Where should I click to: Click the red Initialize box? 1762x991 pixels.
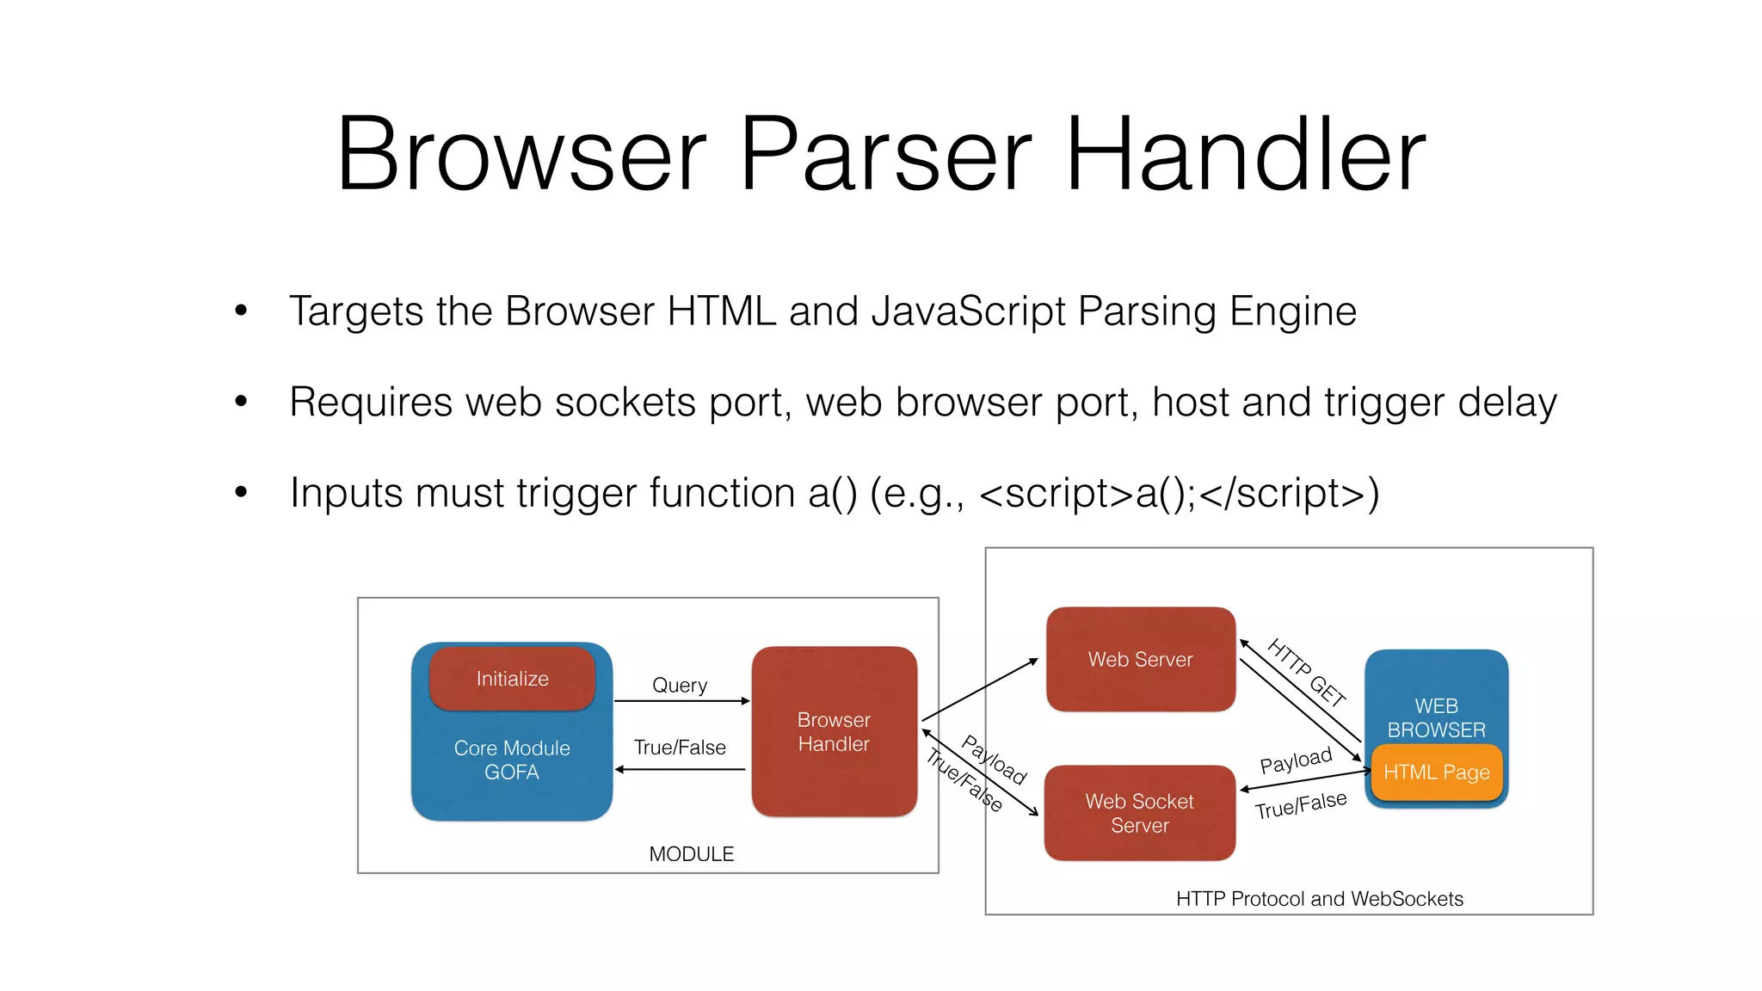[512, 679]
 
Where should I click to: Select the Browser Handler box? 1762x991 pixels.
[834, 731]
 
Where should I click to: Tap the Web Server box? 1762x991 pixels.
[1140, 659]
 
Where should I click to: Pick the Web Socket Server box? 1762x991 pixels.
[1139, 813]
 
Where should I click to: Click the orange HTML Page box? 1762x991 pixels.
[1436, 772]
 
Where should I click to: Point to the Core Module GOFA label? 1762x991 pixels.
[512, 760]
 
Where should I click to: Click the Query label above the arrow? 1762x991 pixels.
[680, 685]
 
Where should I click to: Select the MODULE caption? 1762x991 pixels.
[691, 854]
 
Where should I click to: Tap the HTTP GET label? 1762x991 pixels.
[1306, 673]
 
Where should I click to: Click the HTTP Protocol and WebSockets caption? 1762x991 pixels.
[1319, 899]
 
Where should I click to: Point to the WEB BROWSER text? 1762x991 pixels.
[1436, 717]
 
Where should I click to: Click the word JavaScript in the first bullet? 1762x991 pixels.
[968, 311]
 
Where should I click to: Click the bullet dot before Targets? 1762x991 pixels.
[241, 311]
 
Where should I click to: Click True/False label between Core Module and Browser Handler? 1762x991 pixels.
[680, 748]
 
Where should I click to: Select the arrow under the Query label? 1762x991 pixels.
[681, 701]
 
